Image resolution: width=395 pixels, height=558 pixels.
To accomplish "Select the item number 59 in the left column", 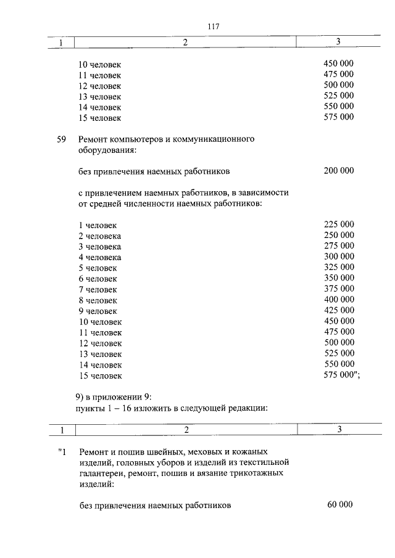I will [61, 139].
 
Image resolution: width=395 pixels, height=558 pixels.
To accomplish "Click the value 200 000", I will [338, 171].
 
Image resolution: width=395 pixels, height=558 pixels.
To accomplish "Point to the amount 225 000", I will [338, 225].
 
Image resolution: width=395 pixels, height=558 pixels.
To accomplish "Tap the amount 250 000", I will [338, 236].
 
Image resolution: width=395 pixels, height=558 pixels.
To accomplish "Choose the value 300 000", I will [338, 256].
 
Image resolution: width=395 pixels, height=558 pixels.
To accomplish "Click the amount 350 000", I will [338, 278].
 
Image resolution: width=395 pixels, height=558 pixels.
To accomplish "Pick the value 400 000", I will [338, 300].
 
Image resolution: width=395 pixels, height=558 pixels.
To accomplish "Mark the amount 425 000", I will [338, 310].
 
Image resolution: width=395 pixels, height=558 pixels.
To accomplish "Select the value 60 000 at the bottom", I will [339, 505].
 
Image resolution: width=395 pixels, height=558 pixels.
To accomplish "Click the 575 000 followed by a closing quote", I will [341, 375].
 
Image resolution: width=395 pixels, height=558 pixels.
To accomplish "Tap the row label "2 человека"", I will [99, 236].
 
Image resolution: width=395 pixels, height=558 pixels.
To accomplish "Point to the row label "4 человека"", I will [99, 257].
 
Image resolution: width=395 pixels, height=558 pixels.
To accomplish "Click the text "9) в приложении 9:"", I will [112, 397].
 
